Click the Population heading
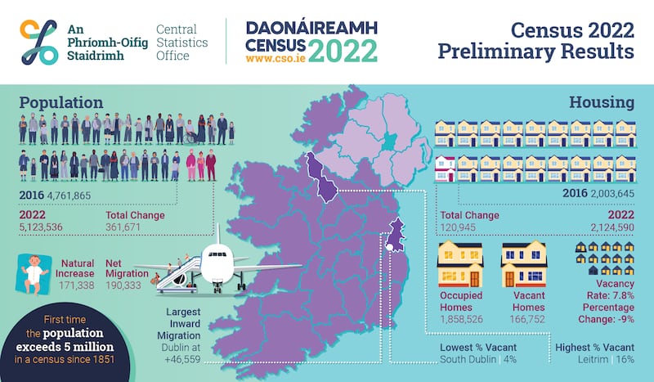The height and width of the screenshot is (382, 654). click(61, 102)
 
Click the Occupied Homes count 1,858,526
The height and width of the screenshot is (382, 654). click(461, 317)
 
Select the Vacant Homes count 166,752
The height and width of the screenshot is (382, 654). click(523, 317)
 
